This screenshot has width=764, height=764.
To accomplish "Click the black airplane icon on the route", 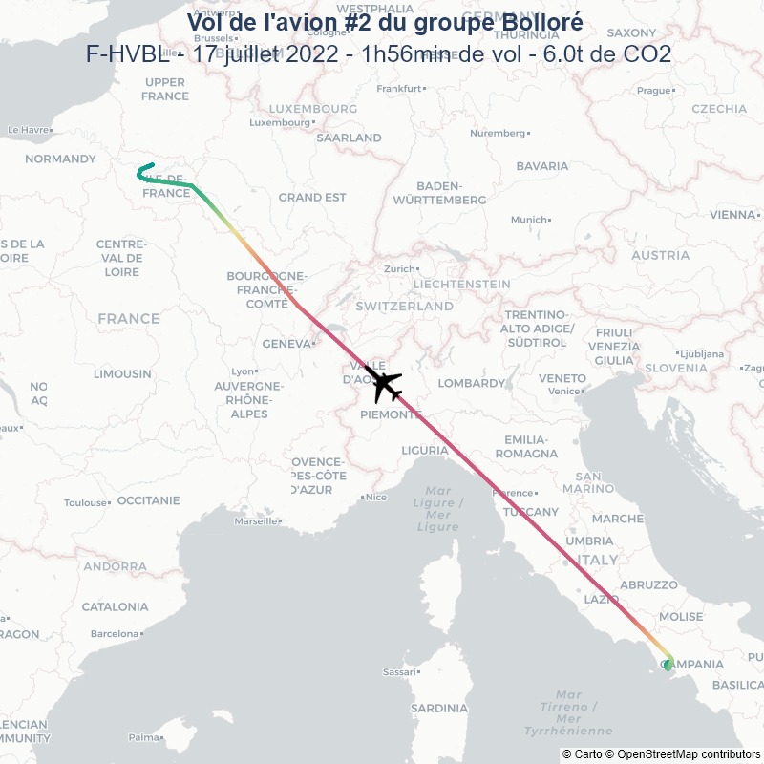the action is point(384,384).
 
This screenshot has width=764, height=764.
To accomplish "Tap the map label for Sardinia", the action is point(439,709).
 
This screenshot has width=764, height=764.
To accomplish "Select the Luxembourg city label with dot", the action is point(281,122).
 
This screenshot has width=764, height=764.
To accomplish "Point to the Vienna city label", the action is point(732,215).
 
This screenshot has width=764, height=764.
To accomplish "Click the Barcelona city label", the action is point(115,633).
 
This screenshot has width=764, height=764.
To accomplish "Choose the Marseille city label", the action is point(258,521).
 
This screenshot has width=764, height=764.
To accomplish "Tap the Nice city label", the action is point(376,497).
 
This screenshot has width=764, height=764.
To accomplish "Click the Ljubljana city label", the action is point(699,353).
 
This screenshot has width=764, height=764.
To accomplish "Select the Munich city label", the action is point(530,220).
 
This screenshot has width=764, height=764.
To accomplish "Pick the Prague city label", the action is point(654,91).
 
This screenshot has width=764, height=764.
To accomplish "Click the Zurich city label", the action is point(401,269).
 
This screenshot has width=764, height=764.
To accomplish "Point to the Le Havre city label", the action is point(29,130).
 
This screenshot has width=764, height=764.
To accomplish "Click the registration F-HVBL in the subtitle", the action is point(127,53).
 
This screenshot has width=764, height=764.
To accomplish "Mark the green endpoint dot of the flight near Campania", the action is point(667,665).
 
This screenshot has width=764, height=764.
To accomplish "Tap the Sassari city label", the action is point(399,671).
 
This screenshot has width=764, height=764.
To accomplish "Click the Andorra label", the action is point(115,566).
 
